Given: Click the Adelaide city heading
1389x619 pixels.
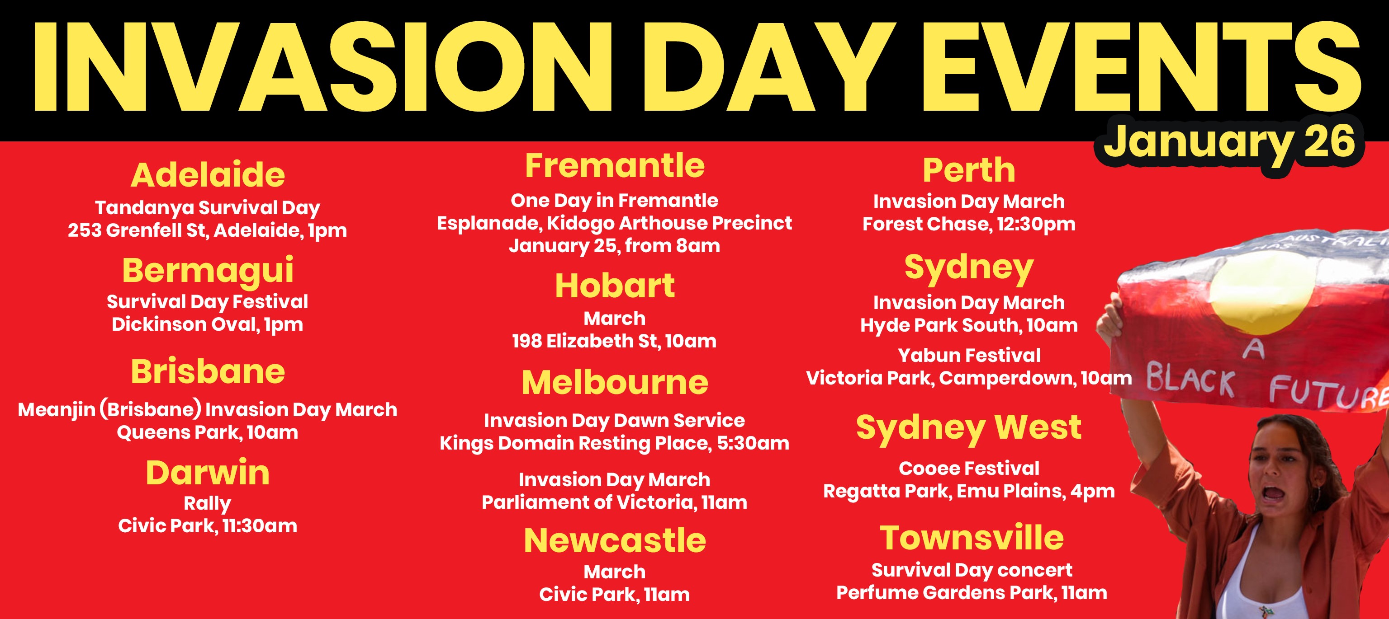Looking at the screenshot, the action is (208, 175).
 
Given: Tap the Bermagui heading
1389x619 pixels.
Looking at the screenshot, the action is (208, 271).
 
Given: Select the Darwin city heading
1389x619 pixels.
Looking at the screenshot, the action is (208, 473).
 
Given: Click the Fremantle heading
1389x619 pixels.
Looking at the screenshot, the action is (615, 165).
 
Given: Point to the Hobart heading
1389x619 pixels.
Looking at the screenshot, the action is (615, 286).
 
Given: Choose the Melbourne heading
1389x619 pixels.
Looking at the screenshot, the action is (615, 383).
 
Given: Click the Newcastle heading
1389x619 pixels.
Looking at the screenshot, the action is (615, 540).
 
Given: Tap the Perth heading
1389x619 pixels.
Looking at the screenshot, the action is (969, 170).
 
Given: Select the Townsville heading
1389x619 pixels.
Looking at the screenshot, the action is (972, 538).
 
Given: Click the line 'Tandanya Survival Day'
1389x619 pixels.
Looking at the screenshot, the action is (208, 208).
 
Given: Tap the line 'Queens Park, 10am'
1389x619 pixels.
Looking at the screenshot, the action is (208, 432).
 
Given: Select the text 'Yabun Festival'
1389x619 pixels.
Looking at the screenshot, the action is (969, 356).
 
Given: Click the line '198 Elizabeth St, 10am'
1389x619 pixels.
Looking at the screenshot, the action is (615, 341).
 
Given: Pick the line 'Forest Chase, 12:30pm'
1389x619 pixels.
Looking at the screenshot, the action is (969, 224).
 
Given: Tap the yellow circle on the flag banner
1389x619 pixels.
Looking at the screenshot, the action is (1262, 291).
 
